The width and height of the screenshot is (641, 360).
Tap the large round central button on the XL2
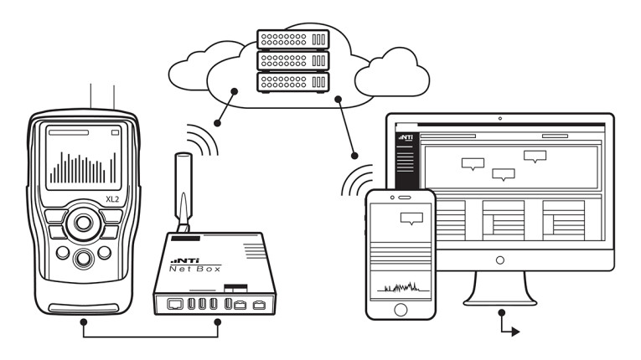[82, 223]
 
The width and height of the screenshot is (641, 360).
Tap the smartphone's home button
[400, 311]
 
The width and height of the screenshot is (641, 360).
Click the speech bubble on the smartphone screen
[411, 219]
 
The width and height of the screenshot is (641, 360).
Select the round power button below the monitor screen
[500, 261]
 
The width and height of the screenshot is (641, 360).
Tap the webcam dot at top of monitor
[500, 119]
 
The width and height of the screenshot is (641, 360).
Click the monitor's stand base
[499, 298]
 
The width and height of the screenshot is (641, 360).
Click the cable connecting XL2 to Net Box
[151, 337]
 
